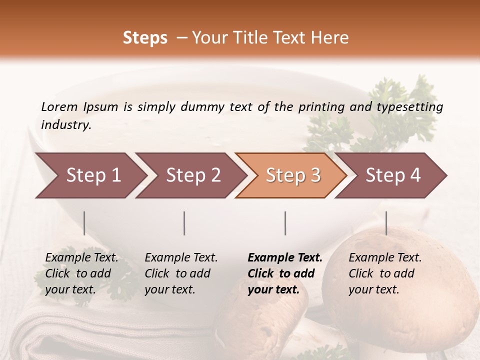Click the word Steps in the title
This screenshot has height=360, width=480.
[x=145, y=38]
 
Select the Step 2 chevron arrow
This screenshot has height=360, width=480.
[x=190, y=175]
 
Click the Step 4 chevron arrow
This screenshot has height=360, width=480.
[x=390, y=175]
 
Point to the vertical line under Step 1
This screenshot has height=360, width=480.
[x=84, y=223]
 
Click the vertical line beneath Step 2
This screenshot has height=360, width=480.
[x=184, y=223]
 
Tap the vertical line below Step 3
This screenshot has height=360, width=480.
[x=285, y=223]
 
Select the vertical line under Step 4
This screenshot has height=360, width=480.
[x=386, y=223]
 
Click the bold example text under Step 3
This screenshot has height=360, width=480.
[x=285, y=273]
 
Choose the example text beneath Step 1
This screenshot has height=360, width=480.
[x=81, y=273]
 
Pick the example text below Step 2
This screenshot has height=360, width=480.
[x=181, y=273]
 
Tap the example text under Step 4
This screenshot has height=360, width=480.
[x=385, y=273]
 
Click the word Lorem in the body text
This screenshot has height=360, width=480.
[x=59, y=106]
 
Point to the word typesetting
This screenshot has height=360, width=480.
[x=409, y=107]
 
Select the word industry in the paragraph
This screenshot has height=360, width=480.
[x=66, y=125]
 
